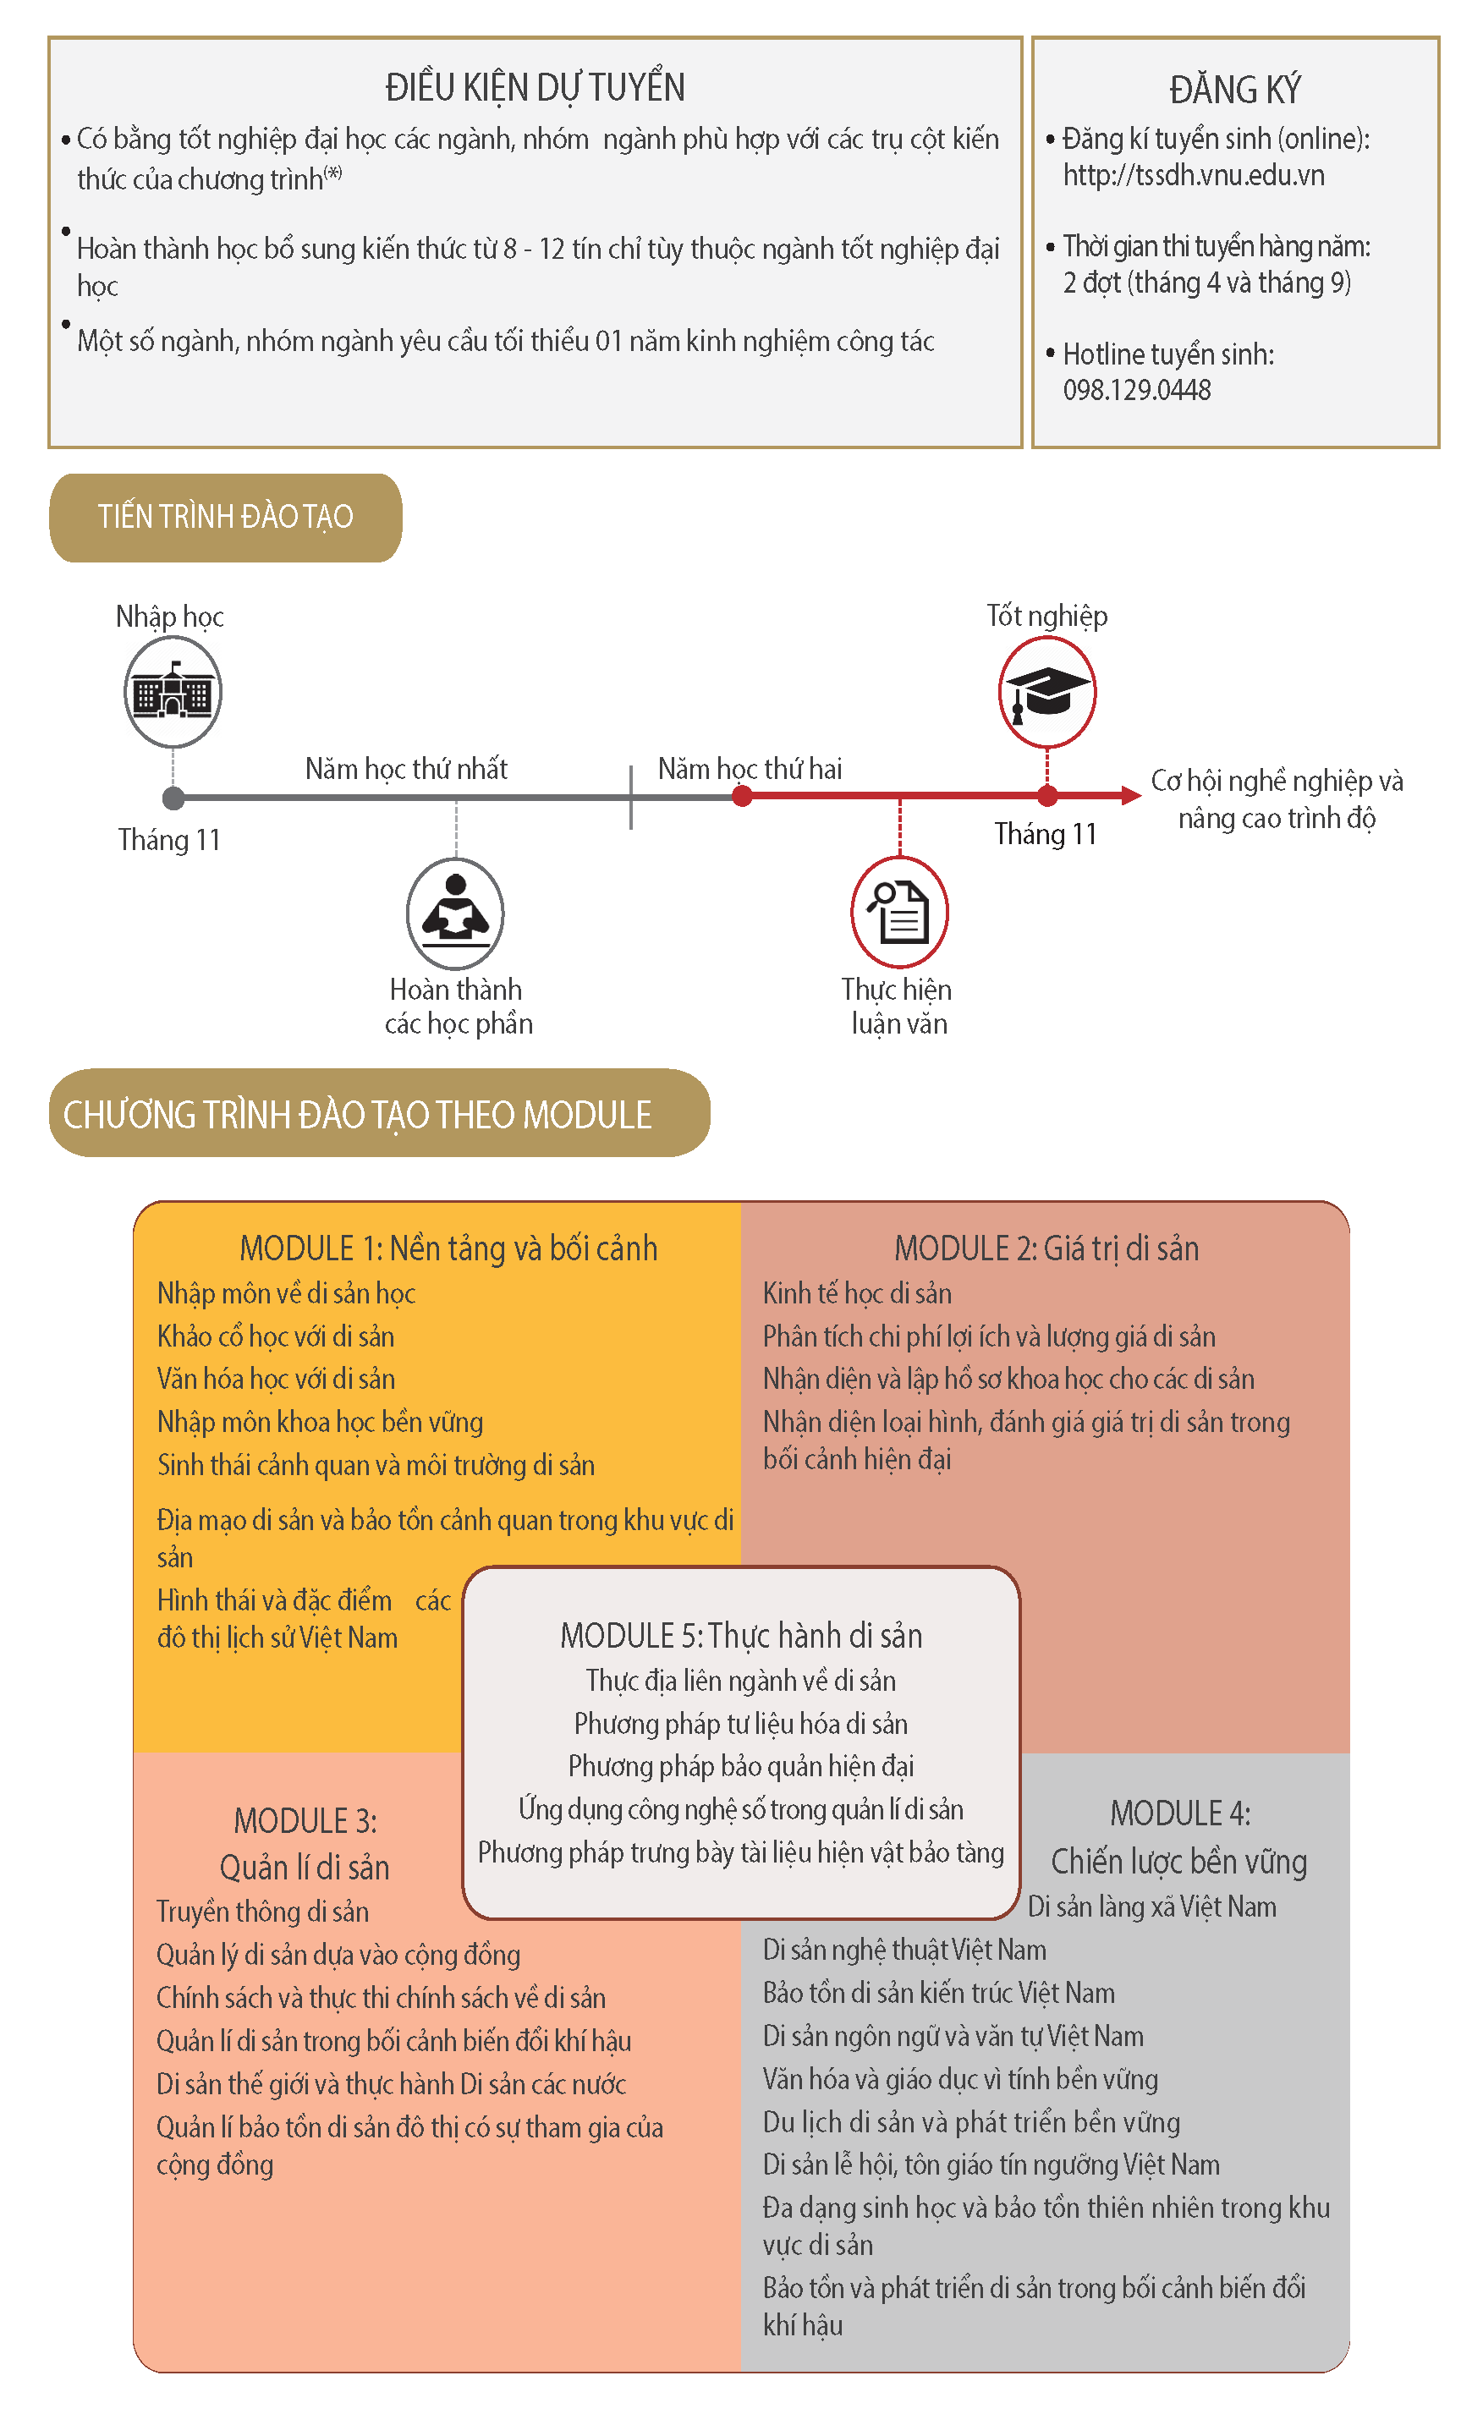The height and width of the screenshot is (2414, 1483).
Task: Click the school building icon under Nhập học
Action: pyautogui.click(x=173, y=692)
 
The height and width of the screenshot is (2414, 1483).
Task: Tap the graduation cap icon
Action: pyautogui.click(x=1046, y=691)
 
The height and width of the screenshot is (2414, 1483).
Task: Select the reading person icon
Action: pyautogui.click(x=455, y=913)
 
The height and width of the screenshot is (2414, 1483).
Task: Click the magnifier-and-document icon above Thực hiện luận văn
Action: pyautogui.click(x=899, y=912)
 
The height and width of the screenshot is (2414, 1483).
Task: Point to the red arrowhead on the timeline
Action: pyautogui.click(x=1130, y=795)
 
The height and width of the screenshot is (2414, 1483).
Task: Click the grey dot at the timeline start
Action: pyautogui.click(x=173, y=798)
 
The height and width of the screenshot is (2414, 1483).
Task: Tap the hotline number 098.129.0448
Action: pyautogui.click(x=1137, y=390)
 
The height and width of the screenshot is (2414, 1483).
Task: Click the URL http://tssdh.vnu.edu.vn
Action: pyautogui.click(x=1194, y=176)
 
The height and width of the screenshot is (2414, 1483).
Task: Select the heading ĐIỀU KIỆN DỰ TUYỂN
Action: pyautogui.click(x=535, y=88)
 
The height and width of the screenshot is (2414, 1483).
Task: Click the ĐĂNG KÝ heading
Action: pyautogui.click(x=1235, y=91)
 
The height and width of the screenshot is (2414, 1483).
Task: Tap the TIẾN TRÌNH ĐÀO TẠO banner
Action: pyautogui.click(x=226, y=517)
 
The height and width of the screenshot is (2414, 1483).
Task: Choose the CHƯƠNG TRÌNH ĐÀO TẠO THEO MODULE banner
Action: pyautogui.click(x=379, y=1114)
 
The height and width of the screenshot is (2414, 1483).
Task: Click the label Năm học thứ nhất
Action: pyautogui.click(x=406, y=769)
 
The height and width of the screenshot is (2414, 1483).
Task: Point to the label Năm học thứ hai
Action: pyautogui.click(x=750, y=769)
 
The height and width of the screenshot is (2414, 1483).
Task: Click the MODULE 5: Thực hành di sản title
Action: pyautogui.click(x=740, y=1636)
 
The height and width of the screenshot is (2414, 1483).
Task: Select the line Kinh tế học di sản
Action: pyautogui.click(x=857, y=1293)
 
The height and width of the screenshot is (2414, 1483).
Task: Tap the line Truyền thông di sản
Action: pyautogui.click(x=263, y=1911)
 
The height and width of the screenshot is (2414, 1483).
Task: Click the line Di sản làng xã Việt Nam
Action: pyautogui.click(x=1151, y=1907)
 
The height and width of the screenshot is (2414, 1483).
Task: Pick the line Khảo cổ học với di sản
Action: pyautogui.click(x=276, y=1336)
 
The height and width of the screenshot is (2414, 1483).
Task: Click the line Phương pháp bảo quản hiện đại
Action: pyautogui.click(x=740, y=1766)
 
